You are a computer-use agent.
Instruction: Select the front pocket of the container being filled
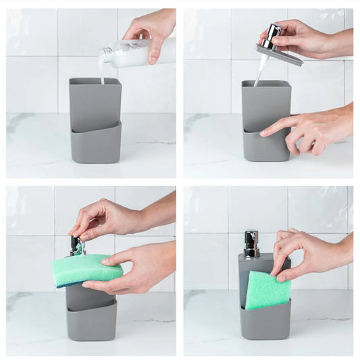(x=95, y=143)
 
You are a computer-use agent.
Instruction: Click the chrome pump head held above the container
(x=272, y=36)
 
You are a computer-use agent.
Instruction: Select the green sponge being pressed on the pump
(x=86, y=269)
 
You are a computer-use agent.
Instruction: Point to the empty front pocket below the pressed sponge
(x=91, y=321)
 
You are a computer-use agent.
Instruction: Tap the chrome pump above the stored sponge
(x=251, y=244)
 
